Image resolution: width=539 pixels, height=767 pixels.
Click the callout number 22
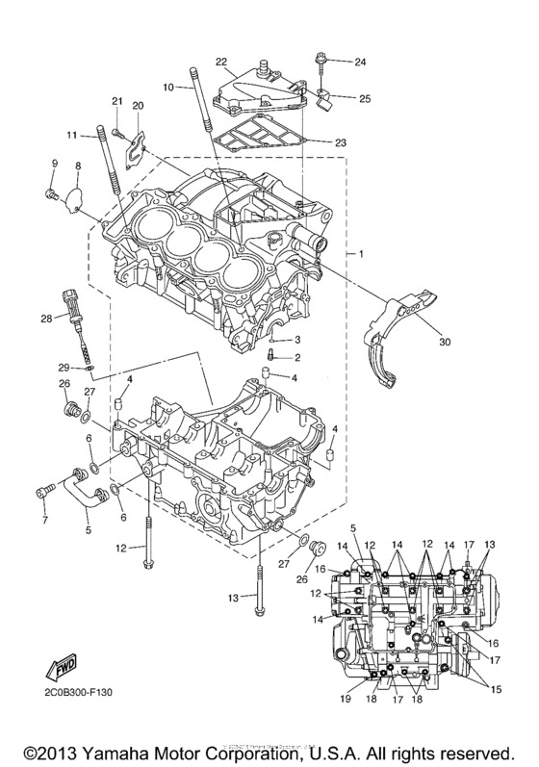pos(220,62)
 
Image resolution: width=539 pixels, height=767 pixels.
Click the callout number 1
pos(360,253)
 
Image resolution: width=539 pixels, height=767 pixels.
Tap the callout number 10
pos(167,87)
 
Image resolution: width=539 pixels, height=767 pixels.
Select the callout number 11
pos(71,134)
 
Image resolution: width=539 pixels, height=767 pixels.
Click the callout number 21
pos(116,101)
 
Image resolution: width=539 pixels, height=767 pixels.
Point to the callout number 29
pos(62,367)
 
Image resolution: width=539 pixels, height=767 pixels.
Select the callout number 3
pos(298,340)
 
